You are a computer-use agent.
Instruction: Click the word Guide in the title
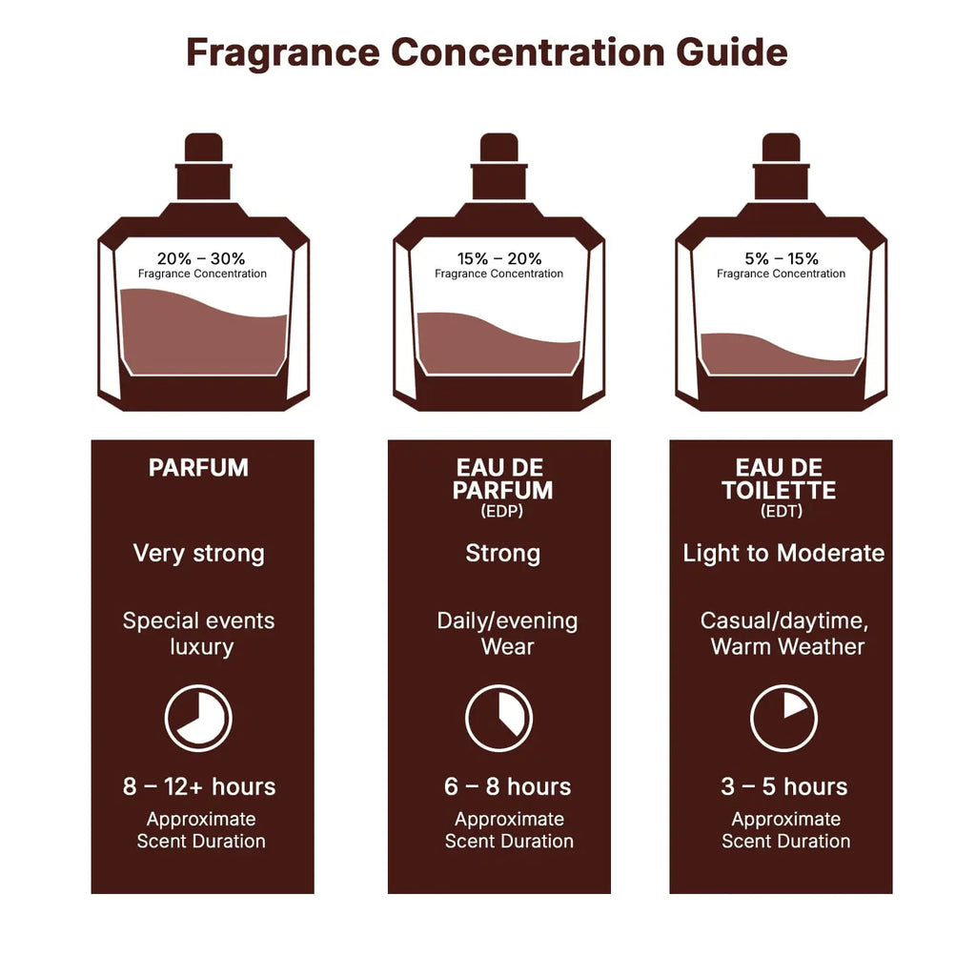pos(732,51)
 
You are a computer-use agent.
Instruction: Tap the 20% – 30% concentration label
pos(201,258)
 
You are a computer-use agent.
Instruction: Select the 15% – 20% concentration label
pos(498,258)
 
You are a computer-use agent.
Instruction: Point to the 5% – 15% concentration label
pos(781,258)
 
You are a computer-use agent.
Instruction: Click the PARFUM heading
pos(198,468)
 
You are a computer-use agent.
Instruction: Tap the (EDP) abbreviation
pos(502,512)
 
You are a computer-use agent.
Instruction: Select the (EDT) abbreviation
pos(782,512)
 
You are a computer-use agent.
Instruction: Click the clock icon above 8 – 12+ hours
pos(198,718)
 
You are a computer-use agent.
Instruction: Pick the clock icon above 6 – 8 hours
pos(498,718)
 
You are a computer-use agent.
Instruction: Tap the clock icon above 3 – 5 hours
pos(783,718)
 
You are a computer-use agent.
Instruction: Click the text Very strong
pos(198,554)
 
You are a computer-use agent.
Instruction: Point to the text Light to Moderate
pos(783,554)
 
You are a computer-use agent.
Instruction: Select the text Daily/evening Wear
pos(507,634)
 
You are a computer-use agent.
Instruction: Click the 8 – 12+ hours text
pos(198,787)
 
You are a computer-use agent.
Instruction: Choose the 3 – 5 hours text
pos(783,787)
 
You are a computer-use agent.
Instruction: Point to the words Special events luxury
pos(199,634)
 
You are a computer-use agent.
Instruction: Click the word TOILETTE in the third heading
pos(779,491)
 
